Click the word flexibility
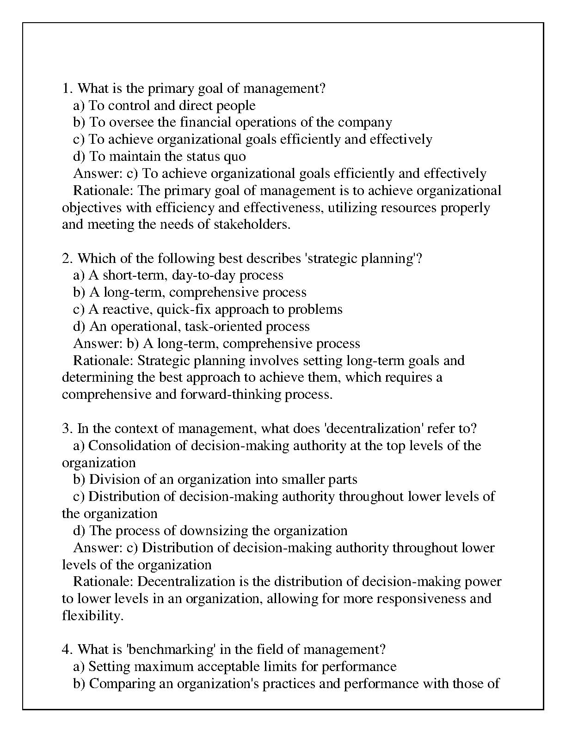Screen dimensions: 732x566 pyautogui.click(x=92, y=616)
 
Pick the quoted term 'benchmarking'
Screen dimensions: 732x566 pyautogui.click(x=171, y=650)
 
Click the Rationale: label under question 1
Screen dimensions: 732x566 pyautogui.click(x=104, y=191)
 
